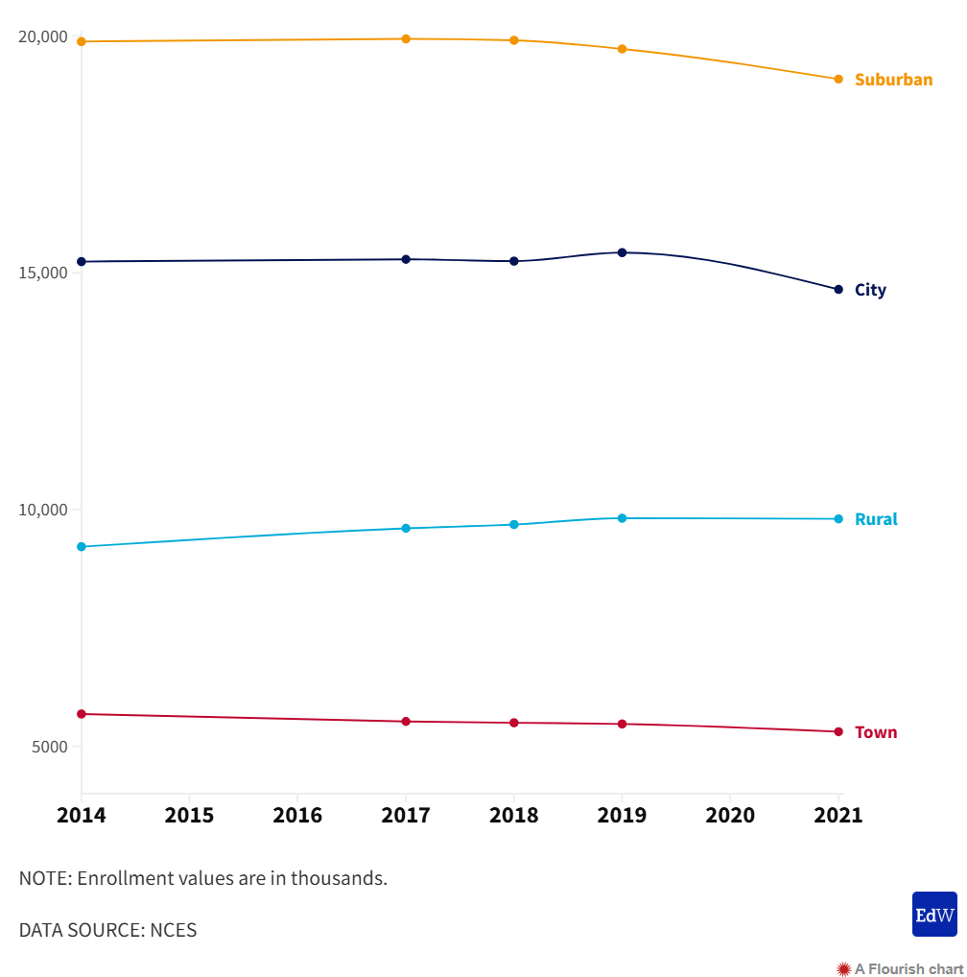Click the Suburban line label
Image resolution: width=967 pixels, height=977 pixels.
(x=893, y=80)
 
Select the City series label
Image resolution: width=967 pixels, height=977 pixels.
(x=870, y=290)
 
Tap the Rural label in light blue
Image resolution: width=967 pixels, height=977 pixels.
(x=876, y=519)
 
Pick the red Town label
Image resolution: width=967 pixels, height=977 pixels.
(x=876, y=732)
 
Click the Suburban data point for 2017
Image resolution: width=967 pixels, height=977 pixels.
(x=406, y=38)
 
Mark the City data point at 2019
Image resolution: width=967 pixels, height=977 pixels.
(x=622, y=252)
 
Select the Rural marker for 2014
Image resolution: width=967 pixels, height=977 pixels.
(x=82, y=547)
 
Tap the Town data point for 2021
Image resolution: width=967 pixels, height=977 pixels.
(x=838, y=732)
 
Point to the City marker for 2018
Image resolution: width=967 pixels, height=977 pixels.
(x=514, y=261)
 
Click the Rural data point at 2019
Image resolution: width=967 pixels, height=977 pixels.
(x=622, y=518)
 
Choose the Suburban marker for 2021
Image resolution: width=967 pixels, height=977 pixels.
(x=838, y=79)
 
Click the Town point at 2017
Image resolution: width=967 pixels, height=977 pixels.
(x=406, y=722)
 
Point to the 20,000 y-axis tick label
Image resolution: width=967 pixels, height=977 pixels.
(x=43, y=37)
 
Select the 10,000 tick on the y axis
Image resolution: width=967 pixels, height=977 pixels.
(x=43, y=510)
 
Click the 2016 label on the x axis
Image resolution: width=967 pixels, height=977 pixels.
(x=297, y=816)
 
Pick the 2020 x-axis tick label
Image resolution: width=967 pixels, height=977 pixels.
(x=730, y=816)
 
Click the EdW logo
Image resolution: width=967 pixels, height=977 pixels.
(x=934, y=914)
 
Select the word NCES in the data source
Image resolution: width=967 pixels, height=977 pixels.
(x=174, y=930)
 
